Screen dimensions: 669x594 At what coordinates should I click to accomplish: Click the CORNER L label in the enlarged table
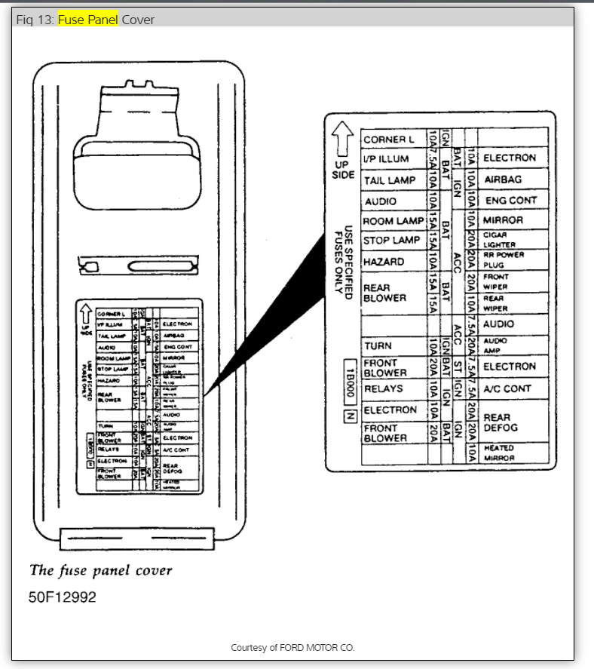click(389, 140)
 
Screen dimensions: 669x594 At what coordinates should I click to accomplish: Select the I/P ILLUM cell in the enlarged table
click(386, 159)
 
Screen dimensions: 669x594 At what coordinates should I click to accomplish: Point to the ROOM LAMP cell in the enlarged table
click(393, 221)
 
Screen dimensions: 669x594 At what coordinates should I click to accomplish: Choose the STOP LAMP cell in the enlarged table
click(392, 241)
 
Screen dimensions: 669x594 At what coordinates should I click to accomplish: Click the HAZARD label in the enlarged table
click(384, 262)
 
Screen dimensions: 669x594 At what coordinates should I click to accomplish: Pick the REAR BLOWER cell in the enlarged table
click(384, 293)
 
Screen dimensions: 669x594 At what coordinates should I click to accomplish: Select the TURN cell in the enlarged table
click(378, 346)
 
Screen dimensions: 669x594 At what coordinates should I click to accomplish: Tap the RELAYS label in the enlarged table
click(384, 389)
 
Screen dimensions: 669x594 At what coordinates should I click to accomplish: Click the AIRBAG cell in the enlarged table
click(503, 180)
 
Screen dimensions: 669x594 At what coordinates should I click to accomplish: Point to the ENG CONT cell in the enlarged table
click(511, 201)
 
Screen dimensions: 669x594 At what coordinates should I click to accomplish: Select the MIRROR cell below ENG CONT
click(503, 220)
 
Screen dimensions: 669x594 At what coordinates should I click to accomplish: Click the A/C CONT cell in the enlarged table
click(507, 389)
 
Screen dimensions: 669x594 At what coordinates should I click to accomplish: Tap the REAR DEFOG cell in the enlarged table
click(501, 422)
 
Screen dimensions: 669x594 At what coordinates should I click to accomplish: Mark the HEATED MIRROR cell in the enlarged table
click(499, 453)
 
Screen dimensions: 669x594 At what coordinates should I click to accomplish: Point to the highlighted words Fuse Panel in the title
click(88, 20)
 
